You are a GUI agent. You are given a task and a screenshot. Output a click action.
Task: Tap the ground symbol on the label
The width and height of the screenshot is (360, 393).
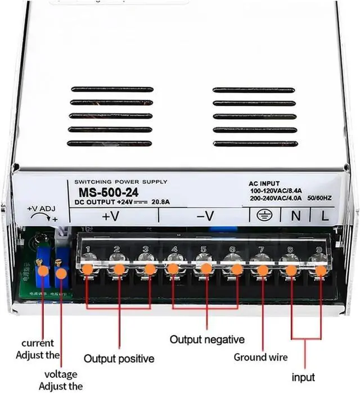coord(262,214)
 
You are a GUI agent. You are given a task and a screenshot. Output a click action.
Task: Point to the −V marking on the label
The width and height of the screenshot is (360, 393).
coord(205,215)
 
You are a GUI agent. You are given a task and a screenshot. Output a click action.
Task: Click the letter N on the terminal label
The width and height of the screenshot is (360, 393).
coord(294,214)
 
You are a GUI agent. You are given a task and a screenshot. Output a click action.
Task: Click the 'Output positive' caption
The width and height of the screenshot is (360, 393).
coord(119,358)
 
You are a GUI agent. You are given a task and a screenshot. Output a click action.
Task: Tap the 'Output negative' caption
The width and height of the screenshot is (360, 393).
coord(207,340)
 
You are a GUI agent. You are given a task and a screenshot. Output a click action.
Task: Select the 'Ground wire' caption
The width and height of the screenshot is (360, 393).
coord(260,357)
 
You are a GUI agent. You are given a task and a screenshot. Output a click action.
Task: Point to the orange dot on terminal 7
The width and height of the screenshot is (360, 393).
coord(262,270)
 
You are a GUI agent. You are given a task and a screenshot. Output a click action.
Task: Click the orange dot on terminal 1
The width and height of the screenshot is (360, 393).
coord(87,269)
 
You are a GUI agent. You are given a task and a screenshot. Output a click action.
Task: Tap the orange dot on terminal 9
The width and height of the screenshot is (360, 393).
coord(321,270)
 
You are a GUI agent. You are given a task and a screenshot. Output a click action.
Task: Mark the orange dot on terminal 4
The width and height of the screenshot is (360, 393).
coord(173,269)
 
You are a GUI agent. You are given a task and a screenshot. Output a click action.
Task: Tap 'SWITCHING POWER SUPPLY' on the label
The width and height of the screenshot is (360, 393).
coord(116,182)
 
